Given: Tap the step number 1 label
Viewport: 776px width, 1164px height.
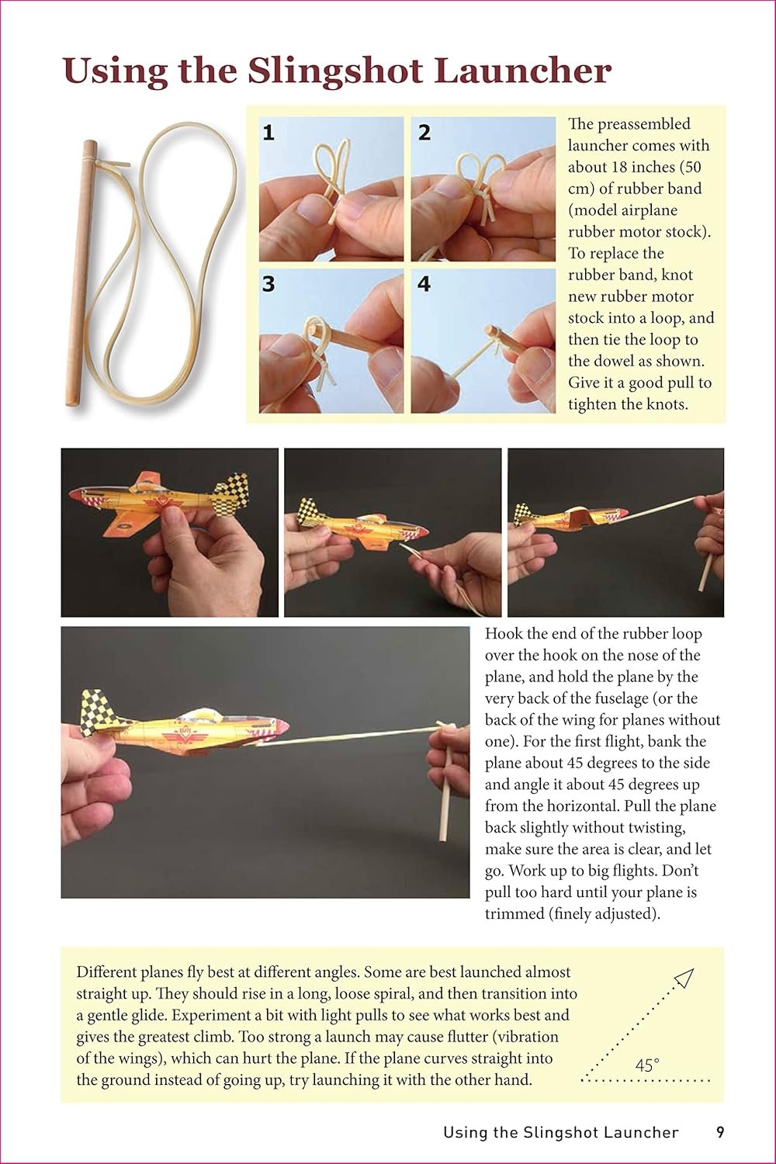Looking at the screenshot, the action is [268, 133].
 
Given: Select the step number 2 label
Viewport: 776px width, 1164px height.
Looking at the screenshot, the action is [424, 133].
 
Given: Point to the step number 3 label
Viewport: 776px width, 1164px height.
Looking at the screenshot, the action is [268, 284].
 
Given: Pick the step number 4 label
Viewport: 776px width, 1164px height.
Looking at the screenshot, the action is [424, 284].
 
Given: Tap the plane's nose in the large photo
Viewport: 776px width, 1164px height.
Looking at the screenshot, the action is [279, 726].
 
